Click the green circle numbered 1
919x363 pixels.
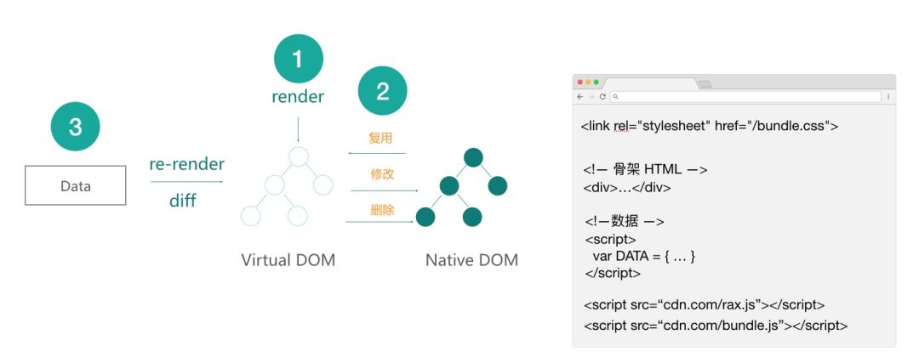pos(298,59)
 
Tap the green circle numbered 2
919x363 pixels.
pos(382,91)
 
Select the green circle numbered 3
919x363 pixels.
pos(75,128)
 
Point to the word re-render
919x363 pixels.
pos(186,163)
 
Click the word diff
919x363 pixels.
pos(182,201)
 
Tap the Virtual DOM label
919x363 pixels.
pos(288,259)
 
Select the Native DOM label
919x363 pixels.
pos(471,259)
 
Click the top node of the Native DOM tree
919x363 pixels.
pos(473,157)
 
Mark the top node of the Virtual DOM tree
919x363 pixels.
pos(298,156)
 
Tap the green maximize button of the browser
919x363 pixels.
pos(596,82)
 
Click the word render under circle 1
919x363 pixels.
pos(298,97)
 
